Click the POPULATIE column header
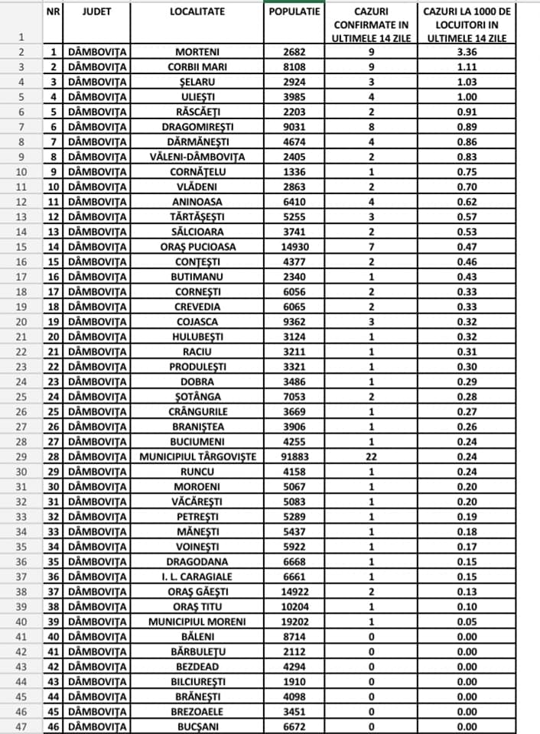click(x=294, y=13)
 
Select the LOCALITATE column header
click(x=197, y=13)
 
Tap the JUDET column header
click(x=97, y=13)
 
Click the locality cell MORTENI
click(x=197, y=52)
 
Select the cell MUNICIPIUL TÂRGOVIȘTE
click(x=197, y=456)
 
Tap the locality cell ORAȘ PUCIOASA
click(x=197, y=246)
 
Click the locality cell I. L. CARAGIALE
click(x=197, y=576)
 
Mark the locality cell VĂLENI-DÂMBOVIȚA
click(x=197, y=157)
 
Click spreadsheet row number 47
click(x=21, y=726)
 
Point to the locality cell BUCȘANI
click(x=197, y=726)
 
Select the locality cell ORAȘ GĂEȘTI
click(x=197, y=590)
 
